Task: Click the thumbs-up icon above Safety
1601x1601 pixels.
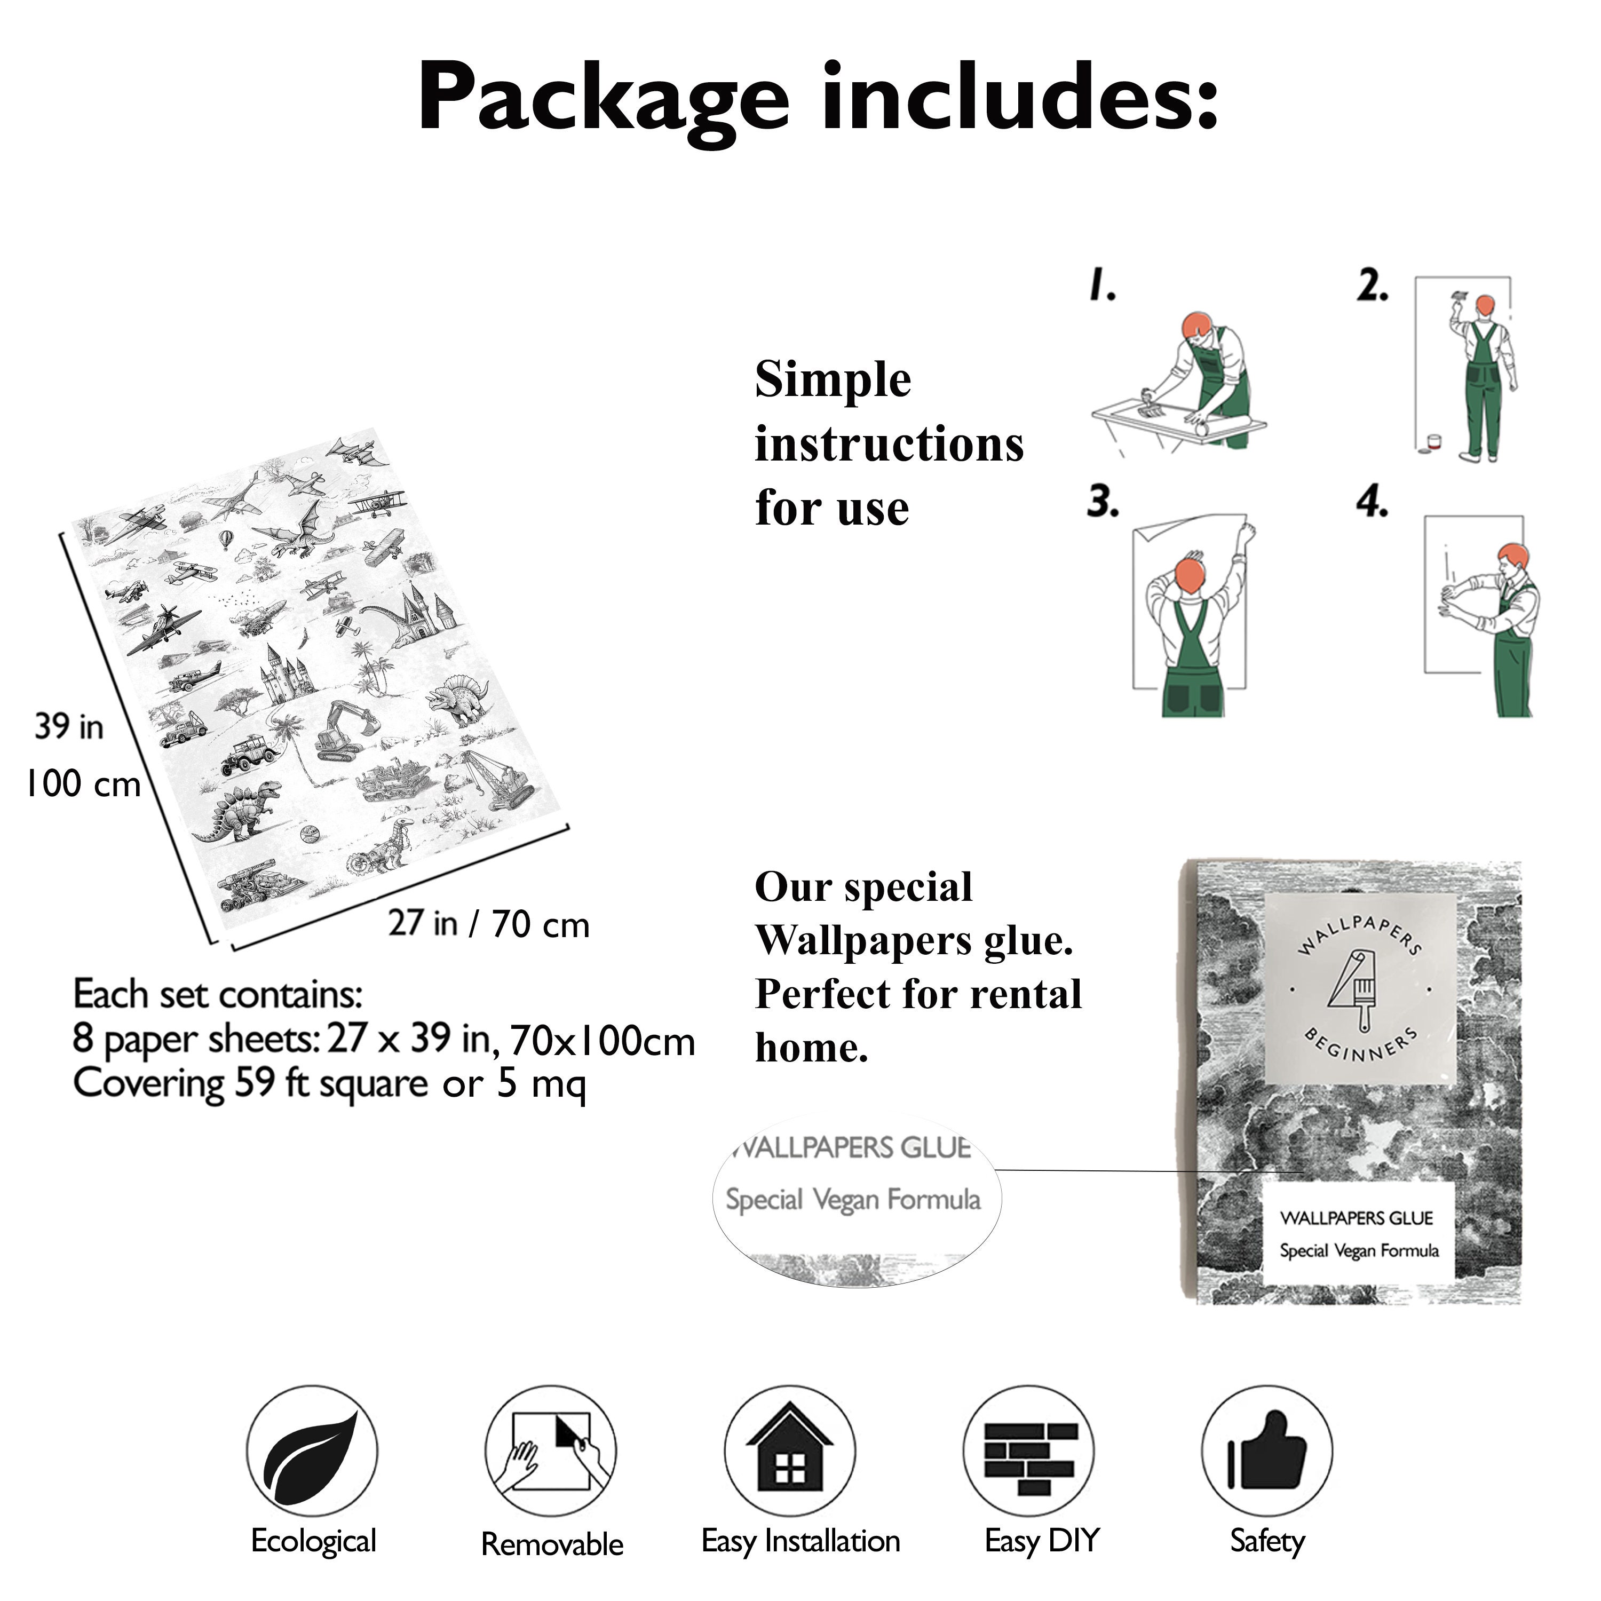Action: (1266, 1450)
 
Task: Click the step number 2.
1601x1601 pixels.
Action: (1372, 286)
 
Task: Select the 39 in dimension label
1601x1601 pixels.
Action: (69, 727)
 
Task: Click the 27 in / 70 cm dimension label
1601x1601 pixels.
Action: (489, 923)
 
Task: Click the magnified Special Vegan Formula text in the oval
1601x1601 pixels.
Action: (853, 1200)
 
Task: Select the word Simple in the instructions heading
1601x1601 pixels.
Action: (833, 379)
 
